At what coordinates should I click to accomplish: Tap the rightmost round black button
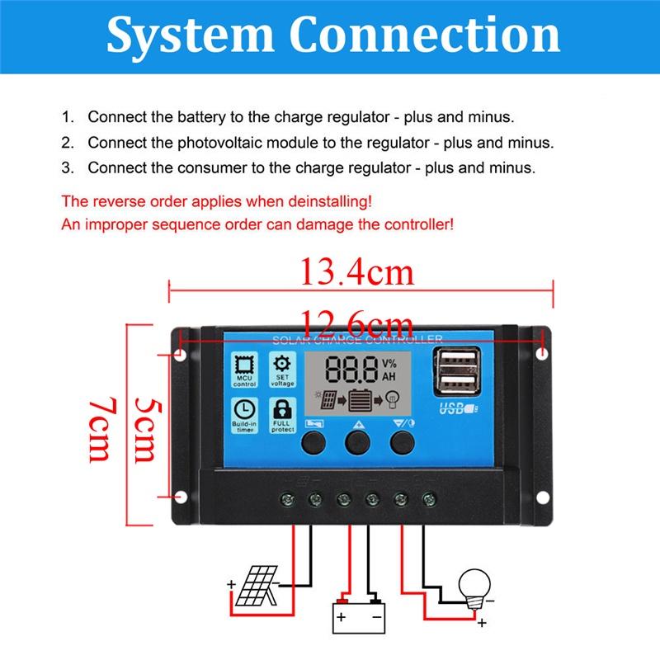[x=402, y=444]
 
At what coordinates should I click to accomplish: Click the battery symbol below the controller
[x=358, y=615]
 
